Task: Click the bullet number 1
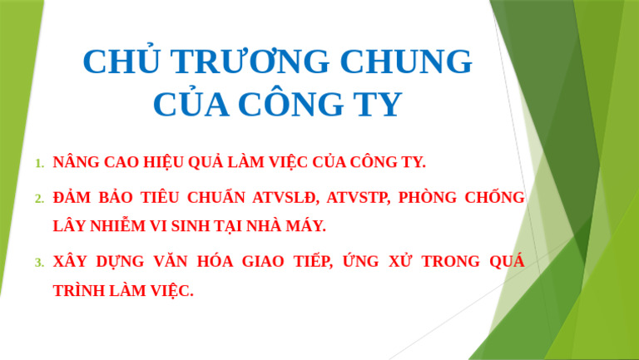(x=39, y=162)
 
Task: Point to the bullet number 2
(x=39, y=199)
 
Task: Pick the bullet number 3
(x=39, y=263)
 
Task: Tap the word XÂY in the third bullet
(x=70, y=262)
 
